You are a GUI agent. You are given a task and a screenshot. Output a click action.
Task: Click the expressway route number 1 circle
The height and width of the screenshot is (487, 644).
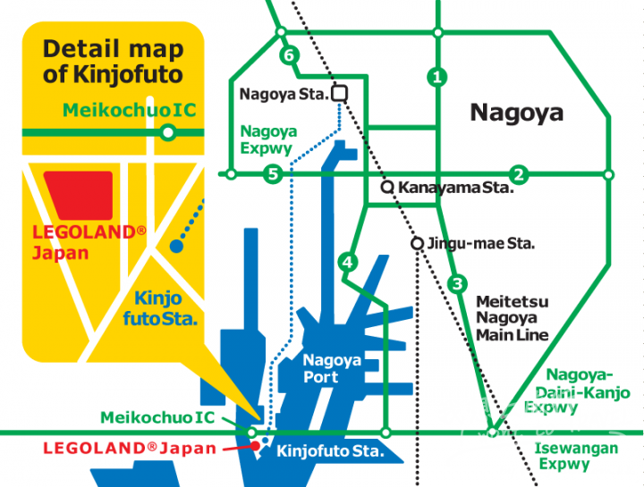pyautogui.click(x=436, y=77)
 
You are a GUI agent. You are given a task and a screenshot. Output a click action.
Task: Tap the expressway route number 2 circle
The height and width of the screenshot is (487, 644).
pyautogui.click(x=518, y=173)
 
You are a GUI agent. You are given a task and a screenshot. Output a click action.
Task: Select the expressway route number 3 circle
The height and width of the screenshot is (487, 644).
pyautogui.click(x=458, y=284)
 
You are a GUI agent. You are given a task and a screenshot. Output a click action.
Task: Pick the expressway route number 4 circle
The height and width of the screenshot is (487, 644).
pyautogui.click(x=348, y=263)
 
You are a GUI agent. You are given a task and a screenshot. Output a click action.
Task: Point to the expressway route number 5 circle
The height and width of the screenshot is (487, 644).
pyautogui.click(x=274, y=173)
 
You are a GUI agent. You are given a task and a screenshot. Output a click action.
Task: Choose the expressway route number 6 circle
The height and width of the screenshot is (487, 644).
pyautogui.click(x=287, y=55)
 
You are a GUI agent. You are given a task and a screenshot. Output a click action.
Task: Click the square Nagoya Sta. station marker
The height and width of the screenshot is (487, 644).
pyautogui.click(x=340, y=93)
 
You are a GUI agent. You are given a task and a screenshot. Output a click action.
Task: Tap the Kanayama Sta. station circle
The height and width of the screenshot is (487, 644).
pyautogui.click(x=387, y=188)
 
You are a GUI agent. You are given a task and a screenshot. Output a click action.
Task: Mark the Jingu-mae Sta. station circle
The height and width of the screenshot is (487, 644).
pyautogui.click(x=417, y=243)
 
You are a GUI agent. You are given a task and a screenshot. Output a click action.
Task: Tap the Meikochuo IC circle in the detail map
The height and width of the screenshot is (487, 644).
pyautogui.click(x=167, y=133)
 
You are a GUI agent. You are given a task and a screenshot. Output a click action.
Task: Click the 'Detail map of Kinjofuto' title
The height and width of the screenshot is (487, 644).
pyautogui.click(x=113, y=62)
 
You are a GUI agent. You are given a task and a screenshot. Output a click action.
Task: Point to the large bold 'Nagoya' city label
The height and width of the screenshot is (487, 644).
pyautogui.click(x=516, y=113)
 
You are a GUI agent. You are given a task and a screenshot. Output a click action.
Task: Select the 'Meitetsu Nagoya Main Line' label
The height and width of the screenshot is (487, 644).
pyautogui.click(x=512, y=319)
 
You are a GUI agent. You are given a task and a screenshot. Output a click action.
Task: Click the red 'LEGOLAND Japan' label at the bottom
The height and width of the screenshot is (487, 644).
pyautogui.click(x=130, y=449)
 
